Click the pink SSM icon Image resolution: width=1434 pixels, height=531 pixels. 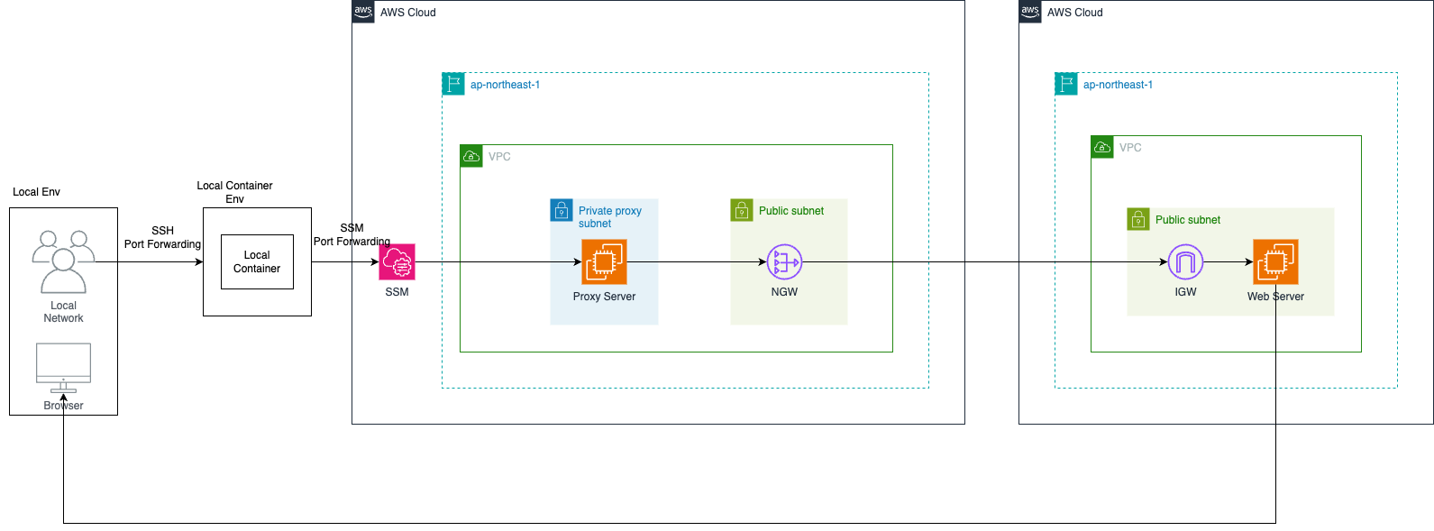point(397,262)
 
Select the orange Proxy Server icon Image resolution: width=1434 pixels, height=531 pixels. point(604,262)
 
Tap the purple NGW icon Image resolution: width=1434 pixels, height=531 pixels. point(784,262)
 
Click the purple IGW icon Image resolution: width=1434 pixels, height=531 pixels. point(1185,262)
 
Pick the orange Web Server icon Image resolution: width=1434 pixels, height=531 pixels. point(1275,262)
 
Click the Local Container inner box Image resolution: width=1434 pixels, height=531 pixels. point(257,261)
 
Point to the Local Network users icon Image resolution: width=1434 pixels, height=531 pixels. point(63,261)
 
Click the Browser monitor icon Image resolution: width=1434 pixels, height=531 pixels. point(63,366)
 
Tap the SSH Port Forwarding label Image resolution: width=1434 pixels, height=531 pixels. point(162,237)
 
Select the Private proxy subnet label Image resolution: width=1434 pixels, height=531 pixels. point(609,216)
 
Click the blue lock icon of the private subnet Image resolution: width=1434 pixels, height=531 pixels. point(562,210)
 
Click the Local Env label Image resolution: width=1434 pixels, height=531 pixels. point(36,192)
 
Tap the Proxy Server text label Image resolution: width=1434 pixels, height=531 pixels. point(604,297)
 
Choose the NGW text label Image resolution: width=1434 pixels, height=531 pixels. point(784,292)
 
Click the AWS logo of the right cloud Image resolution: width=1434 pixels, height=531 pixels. point(1030,12)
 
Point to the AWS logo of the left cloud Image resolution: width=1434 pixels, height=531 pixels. point(363,12)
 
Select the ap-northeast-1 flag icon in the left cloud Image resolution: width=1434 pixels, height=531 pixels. point(453,84)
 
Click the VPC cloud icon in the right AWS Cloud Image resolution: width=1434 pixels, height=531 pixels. point(1102,147)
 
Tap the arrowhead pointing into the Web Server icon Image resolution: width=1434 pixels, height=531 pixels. point(1248,262)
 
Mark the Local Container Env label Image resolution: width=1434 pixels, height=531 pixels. point(234,192)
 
